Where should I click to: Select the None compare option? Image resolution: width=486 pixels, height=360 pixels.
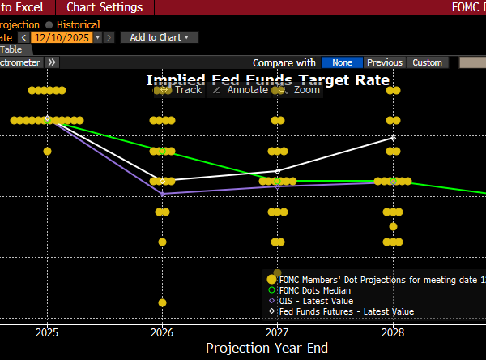coord(342,62)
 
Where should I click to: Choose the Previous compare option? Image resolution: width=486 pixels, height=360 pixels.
coord(384,62)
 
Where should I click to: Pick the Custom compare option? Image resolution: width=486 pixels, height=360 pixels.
coord(427,62)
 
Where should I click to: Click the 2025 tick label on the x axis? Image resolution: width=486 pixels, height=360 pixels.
coord(47,332)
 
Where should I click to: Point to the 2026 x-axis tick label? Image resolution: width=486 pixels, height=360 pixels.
coord(162,332)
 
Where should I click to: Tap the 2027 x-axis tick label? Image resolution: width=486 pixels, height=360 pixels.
coord(277,332)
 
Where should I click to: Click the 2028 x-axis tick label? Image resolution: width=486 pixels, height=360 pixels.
coord(393,332)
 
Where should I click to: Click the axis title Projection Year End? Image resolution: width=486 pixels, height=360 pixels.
coord(266,348)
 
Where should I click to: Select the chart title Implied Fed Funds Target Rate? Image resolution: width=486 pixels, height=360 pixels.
coord(267,79)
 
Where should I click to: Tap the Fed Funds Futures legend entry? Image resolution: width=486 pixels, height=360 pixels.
coord(346,311)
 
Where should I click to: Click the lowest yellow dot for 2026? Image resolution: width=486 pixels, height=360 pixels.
coord(162,302)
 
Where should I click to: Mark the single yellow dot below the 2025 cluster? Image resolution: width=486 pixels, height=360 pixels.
coord(47,151)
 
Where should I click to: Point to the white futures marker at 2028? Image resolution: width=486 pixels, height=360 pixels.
coord(393,138)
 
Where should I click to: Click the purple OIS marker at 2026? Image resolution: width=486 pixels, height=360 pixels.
coord(162,194)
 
